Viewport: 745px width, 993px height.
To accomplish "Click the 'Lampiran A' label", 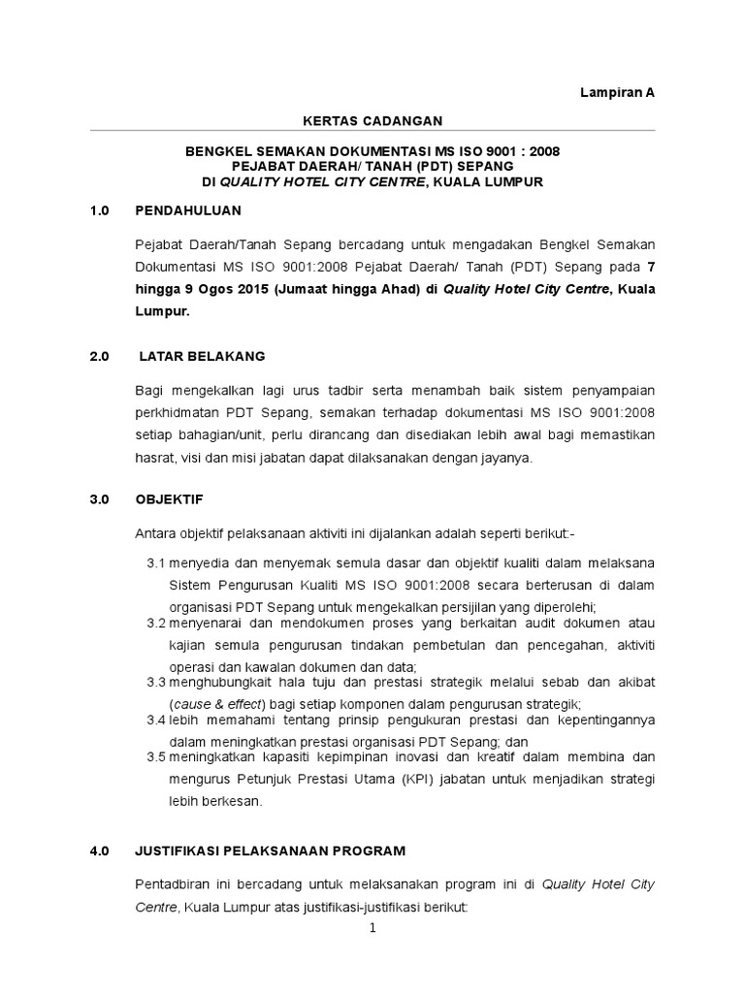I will (x=618, y=92).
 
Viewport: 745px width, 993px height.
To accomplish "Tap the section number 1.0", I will (x=101, y=209).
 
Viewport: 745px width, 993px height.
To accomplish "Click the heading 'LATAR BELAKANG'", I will (x=202, y=357).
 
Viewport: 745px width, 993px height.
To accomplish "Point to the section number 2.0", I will (x=101, y=357).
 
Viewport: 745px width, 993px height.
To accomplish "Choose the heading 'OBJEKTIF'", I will (x=170, y=498).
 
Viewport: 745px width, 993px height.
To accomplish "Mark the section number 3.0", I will (x=101, y=498).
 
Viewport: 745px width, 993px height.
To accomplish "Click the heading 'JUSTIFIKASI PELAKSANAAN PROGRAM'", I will (x=271, y=850).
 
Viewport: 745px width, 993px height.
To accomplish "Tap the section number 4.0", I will (x=101, y=850).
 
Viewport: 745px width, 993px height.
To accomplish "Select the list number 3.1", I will (x=156, y=563).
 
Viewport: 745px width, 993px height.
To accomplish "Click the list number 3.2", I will (x=156, y=622).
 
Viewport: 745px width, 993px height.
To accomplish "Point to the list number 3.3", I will (x=156, y=683).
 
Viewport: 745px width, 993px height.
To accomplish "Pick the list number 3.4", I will (x=156, y=720).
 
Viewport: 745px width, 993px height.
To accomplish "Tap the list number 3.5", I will (x=156, y=756).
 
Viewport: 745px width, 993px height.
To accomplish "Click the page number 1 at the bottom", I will (x=372, y=928).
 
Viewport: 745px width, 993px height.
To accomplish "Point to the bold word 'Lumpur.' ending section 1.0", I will (x=163, y=312).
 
